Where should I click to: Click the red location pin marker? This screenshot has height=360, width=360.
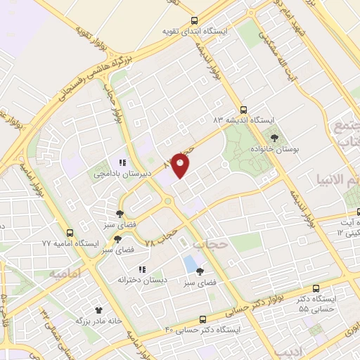click(181, 165)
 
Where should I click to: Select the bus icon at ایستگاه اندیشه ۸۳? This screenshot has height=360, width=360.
click(243, 109)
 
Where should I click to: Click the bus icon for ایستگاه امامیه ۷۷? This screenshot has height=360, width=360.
click(70, 233)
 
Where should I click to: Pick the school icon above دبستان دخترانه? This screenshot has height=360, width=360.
click(141, 269)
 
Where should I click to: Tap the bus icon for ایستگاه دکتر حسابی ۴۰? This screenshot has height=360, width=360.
click(202, 319)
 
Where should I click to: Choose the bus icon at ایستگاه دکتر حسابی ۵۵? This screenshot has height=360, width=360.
click(316, 288)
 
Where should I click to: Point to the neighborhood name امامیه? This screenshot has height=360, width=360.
click(65, 272)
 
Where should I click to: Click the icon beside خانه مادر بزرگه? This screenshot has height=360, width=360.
click(98, 309)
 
